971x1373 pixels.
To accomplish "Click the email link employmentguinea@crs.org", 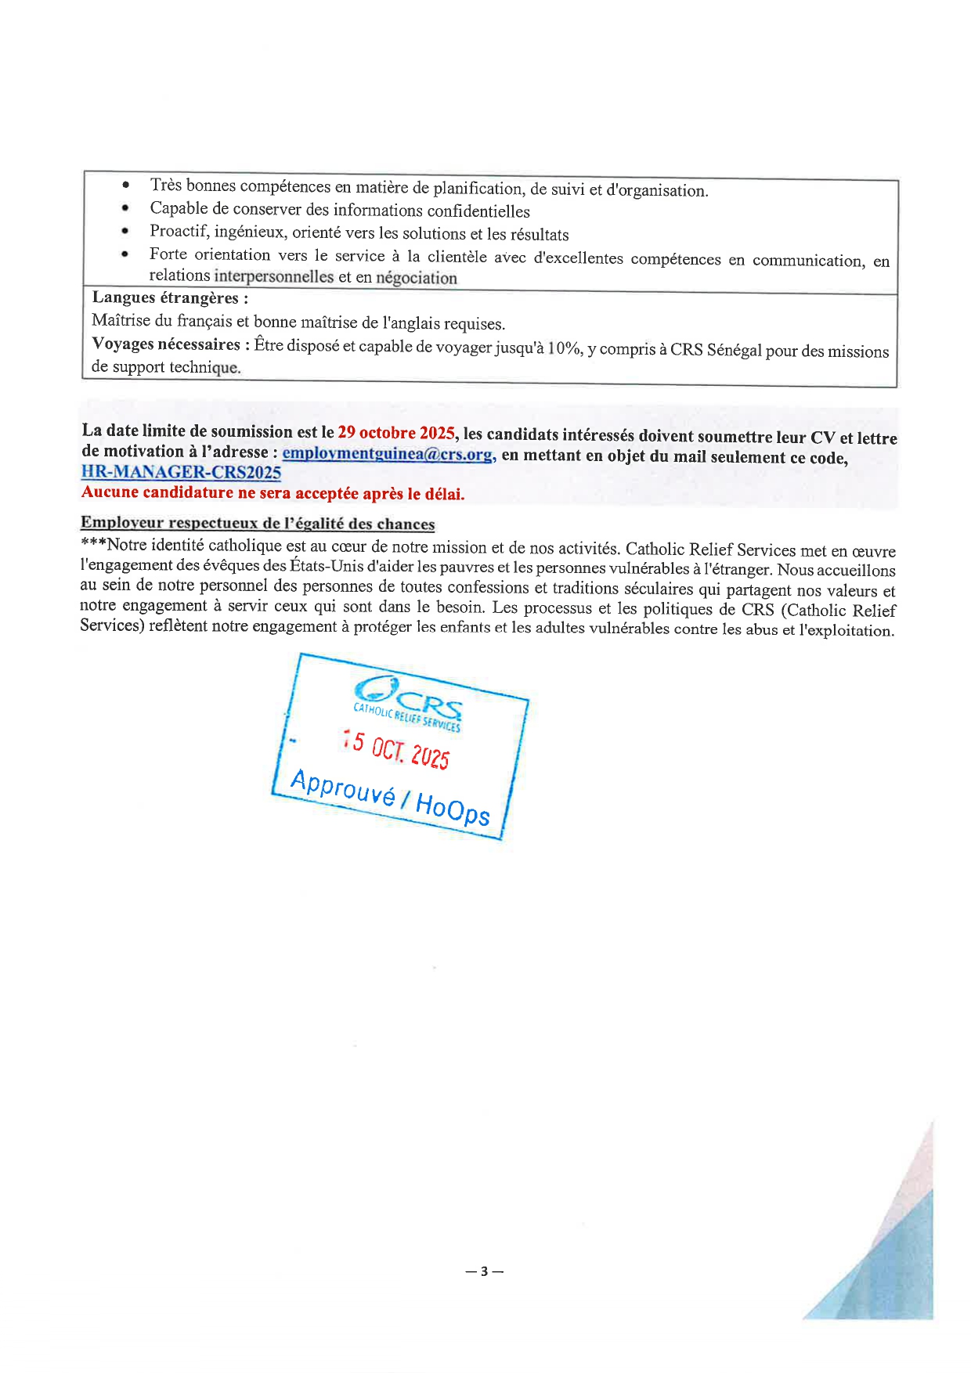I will coord(388,454).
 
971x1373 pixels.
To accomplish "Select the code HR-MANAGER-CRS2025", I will coord(181,472).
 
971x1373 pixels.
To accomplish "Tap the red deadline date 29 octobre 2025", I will coord(396,433).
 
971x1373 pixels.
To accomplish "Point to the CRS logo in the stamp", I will coord(409,700).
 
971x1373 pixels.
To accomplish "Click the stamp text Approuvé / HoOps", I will coord(389,797).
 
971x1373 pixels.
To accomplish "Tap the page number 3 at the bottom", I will coord(484,1271).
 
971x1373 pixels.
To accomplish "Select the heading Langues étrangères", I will coord(170,298).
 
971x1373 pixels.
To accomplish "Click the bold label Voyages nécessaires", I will coord(166,344).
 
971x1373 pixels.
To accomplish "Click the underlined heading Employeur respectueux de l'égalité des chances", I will coord(258,524).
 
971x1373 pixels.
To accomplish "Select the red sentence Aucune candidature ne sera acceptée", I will coord(273,493).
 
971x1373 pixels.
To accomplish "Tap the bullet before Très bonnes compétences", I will coord(125,186).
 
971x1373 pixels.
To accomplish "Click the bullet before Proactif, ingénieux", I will coord(125,232).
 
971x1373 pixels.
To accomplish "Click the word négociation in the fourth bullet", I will coord(417,278).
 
